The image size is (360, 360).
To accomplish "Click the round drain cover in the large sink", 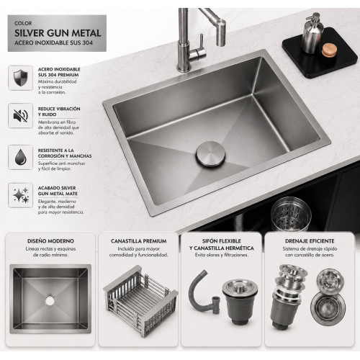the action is point(210,154).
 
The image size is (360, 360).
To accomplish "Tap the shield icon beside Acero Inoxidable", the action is point(21,78).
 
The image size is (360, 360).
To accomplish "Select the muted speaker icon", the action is point(21,115).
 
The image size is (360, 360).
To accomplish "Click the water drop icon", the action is point(21,157).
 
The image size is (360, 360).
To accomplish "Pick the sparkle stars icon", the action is point(21,195).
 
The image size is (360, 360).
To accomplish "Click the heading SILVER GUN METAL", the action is point(58,33).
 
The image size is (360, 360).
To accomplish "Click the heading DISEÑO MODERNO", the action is point(50,241).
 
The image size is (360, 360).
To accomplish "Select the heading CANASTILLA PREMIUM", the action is point(139,241).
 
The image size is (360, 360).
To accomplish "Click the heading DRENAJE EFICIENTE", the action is point(310,241).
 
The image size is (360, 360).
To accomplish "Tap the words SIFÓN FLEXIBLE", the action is point(222,241).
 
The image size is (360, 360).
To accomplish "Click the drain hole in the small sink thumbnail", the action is point(50,300).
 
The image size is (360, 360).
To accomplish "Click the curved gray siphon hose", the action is point(202,293).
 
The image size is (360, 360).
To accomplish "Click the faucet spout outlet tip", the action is point(221,44).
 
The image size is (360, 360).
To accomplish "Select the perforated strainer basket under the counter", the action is point(291,215).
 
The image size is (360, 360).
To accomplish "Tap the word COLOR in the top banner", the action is point(23,24).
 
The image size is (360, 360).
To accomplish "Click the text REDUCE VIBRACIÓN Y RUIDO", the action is point(59,112).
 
